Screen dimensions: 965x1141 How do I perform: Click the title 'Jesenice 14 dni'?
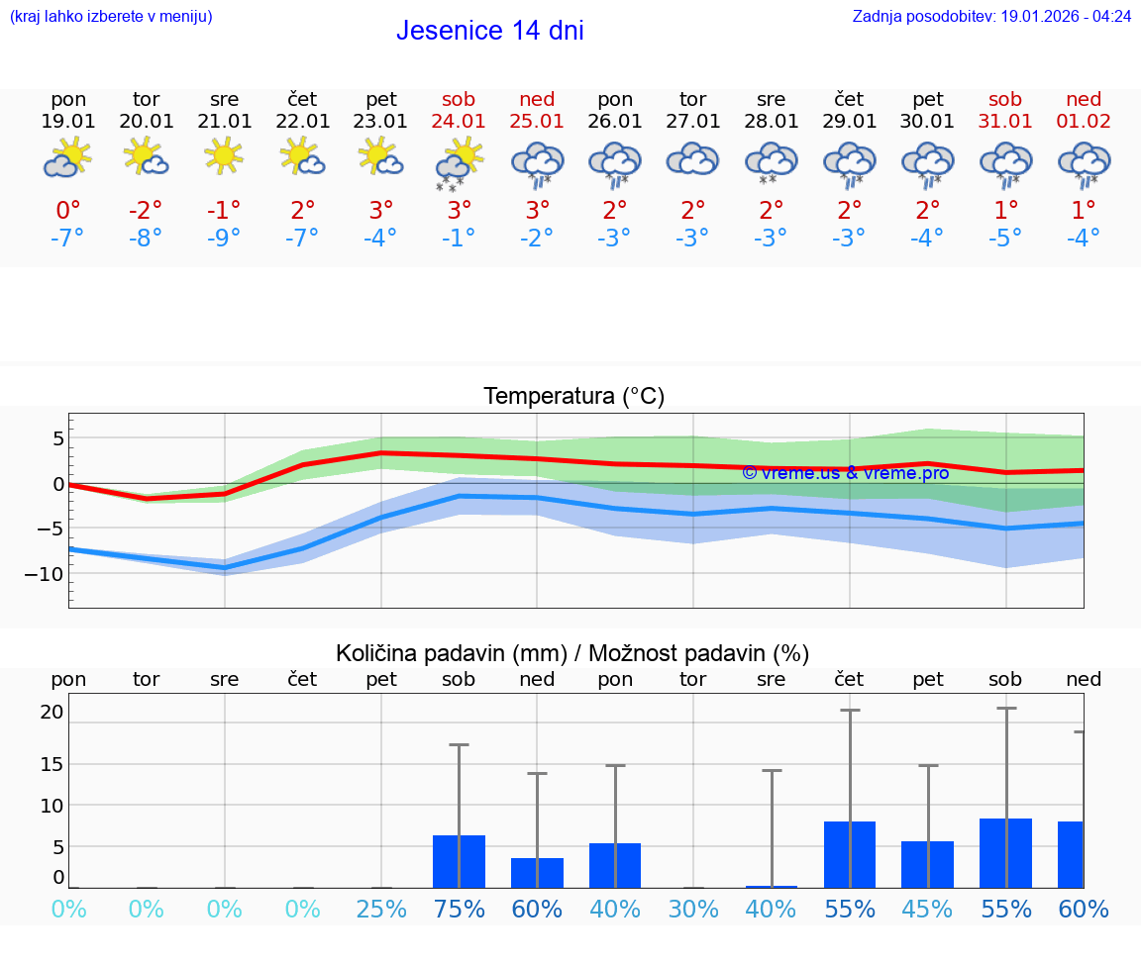click(489, 31)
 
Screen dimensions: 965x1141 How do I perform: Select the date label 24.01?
click(459, 122)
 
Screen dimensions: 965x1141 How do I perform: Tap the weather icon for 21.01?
click(224, 156)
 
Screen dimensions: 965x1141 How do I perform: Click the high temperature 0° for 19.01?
click(68, 210)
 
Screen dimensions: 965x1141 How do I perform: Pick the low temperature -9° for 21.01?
click(224, 239)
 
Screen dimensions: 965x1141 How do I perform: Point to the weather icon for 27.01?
click(692, 159)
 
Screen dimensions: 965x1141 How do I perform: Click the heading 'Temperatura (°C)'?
click(573, 397)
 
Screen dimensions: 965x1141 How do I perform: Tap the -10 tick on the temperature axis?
click(45, 574)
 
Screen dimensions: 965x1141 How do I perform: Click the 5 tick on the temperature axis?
click(58, 437)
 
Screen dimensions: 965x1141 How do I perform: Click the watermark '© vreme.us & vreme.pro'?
click(845, 473)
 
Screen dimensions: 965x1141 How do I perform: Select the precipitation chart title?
click(572, 653)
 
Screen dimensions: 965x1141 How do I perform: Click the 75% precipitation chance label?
click(459, 909)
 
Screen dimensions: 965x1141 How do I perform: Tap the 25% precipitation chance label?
click(381, 909)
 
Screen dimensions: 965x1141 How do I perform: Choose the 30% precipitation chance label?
click(692, 909)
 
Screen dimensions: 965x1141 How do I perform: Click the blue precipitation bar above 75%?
click(459, 862)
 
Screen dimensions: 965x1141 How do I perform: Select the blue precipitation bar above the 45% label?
click(927, 865)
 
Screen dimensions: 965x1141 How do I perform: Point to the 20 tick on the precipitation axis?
click(52, 712)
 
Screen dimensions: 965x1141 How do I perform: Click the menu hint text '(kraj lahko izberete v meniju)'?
click(111, 16)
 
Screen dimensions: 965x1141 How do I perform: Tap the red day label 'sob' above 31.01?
click(1005, 99)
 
